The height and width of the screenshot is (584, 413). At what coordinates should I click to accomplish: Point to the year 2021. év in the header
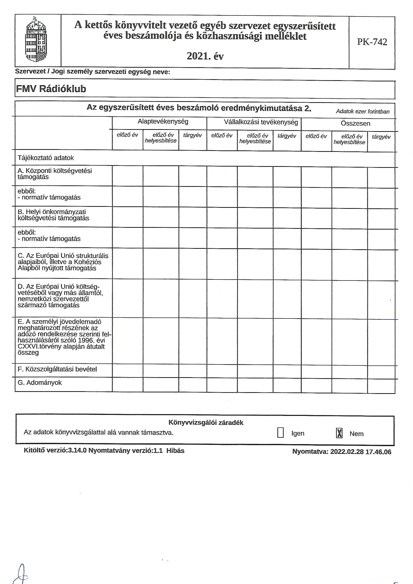(205, 56)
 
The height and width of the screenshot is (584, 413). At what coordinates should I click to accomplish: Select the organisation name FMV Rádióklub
(51, 89)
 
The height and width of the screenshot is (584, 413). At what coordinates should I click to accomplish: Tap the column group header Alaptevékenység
(163, 122)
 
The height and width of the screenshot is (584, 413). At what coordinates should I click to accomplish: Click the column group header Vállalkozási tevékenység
(261, 122)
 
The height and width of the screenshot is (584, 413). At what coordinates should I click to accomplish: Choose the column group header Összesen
(355, 124)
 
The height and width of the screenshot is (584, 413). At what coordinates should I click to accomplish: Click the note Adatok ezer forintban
(362, 111)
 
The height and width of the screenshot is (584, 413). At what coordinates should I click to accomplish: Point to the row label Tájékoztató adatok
(46, 158)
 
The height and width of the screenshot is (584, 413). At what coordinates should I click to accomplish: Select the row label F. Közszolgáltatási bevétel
(57, 369)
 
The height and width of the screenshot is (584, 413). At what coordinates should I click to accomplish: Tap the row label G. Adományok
(40, 383)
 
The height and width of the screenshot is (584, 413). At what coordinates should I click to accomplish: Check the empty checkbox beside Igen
(280, 433)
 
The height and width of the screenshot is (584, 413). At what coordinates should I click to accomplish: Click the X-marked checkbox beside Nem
(339, 433)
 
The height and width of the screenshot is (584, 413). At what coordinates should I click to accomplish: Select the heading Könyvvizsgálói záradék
(206, 423)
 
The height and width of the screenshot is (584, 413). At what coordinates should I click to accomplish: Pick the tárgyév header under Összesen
(381, 137)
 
